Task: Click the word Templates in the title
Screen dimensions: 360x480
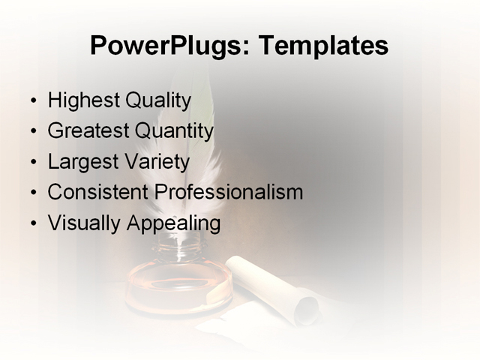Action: [322, 46]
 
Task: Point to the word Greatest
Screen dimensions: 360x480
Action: [88, 131]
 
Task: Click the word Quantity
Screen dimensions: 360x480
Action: [174, 131]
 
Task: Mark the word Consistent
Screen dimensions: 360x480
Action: [95, 192]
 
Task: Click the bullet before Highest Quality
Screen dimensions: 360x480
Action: [32, 101]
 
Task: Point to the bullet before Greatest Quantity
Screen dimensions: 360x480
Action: [32, 132]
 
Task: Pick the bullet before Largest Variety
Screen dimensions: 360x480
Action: [32, 163]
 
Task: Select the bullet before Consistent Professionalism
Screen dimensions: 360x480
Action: [32, 193]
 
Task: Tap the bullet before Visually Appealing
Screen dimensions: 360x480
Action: [32, 223]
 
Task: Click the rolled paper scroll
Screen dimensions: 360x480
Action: [277, 289]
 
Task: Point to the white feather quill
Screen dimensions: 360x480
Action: [199, 165]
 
